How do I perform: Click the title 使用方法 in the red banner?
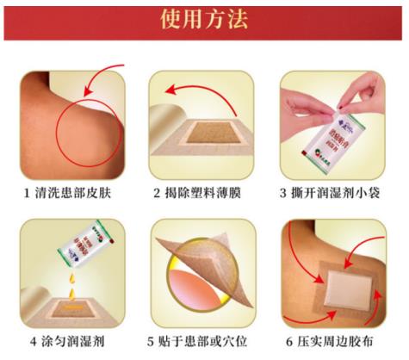(204, 20)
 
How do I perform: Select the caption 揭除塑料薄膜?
(208, 192)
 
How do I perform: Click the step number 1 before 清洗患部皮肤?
(27, 192)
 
